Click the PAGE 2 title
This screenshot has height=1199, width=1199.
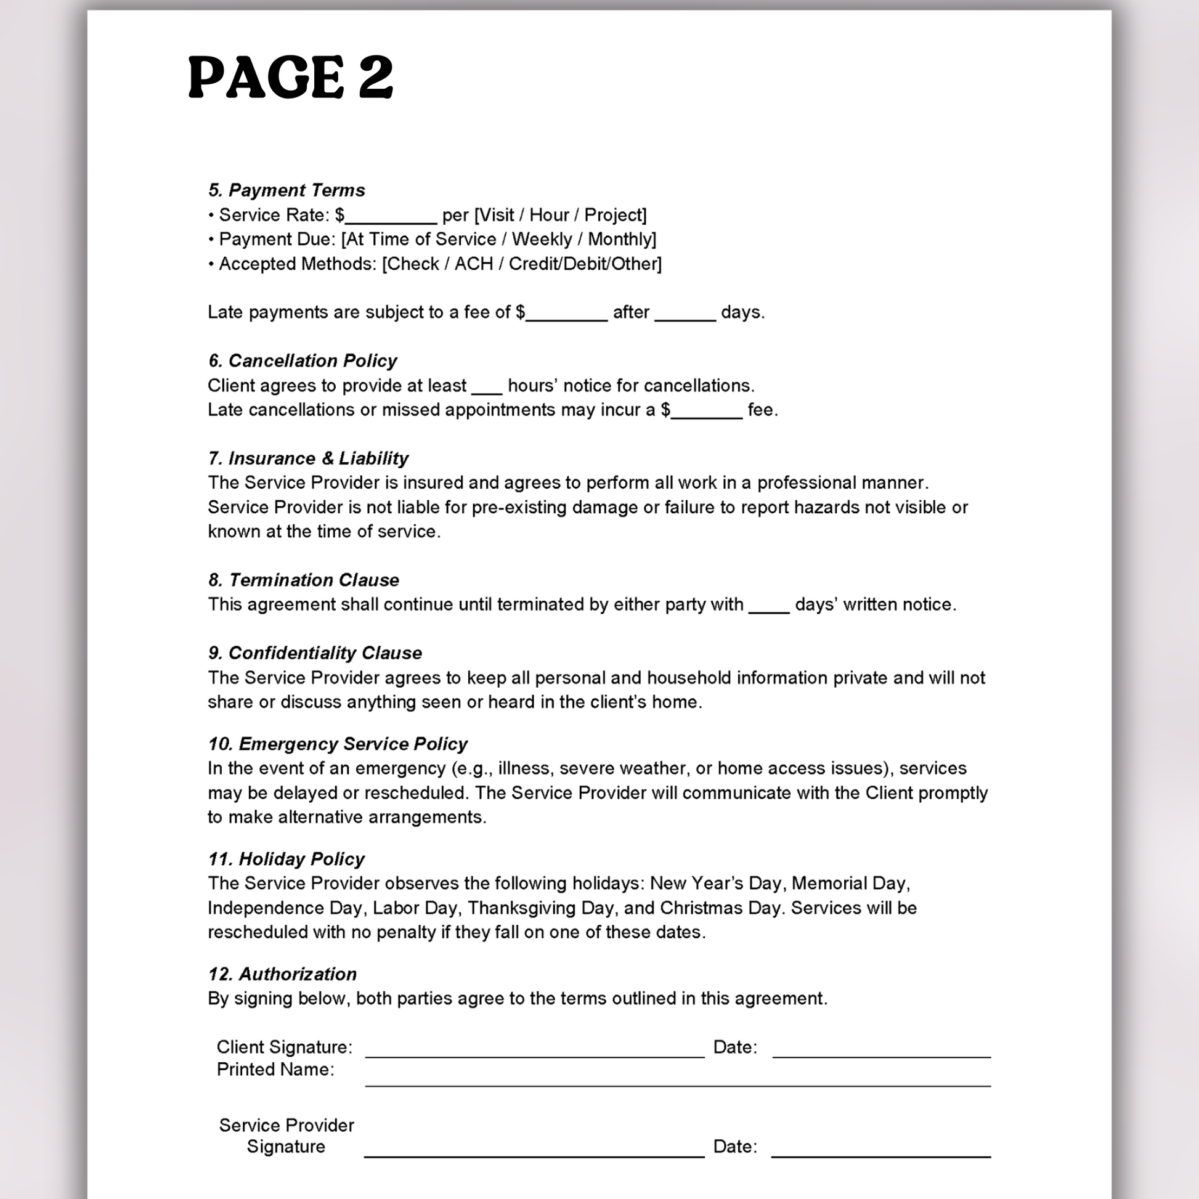(290, 77)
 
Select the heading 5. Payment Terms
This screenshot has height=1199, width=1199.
(286, 190)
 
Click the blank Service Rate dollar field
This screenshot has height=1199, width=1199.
(391, 217)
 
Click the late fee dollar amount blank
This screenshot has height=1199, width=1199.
(566, 315)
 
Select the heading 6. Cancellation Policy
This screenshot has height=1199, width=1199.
(303, 360)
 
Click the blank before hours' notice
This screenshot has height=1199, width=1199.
(487, 389)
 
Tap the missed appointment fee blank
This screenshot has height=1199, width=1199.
(707, 413)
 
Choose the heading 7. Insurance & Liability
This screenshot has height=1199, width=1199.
(308, 458)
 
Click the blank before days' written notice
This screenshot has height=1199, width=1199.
(769, 607)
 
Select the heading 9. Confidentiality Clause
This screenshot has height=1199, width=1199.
(315, 653)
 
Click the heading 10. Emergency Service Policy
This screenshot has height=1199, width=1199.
(337, 744)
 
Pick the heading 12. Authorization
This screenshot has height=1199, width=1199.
(282, 973)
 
